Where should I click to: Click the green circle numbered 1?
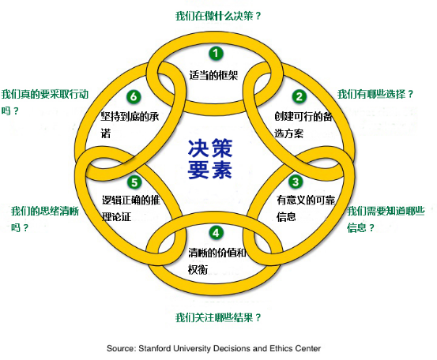[216, 53]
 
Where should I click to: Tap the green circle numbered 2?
[299, 96]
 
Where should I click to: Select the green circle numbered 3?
[296, 182]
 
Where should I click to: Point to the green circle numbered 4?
[217, 232]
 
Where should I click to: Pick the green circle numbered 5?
[134, 182]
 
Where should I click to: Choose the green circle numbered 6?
[134, 96]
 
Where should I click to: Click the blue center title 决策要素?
[210, 159]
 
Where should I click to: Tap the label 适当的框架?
[213, 75]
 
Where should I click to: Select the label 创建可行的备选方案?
[303, 125]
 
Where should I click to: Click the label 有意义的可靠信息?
[306, 208]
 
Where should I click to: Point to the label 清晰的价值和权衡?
[217, 261]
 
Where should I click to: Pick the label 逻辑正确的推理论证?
[131, 208]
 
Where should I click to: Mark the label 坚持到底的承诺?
[130, 125]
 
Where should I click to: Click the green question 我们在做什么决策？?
[218, 16]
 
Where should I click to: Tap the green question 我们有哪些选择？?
[375, 94]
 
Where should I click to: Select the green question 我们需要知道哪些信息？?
[386, 219]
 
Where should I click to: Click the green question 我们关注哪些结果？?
[218, 317]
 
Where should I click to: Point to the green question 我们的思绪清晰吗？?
[45, 219]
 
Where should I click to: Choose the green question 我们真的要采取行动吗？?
[45, 103]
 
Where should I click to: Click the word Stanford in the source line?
[155, 348]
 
